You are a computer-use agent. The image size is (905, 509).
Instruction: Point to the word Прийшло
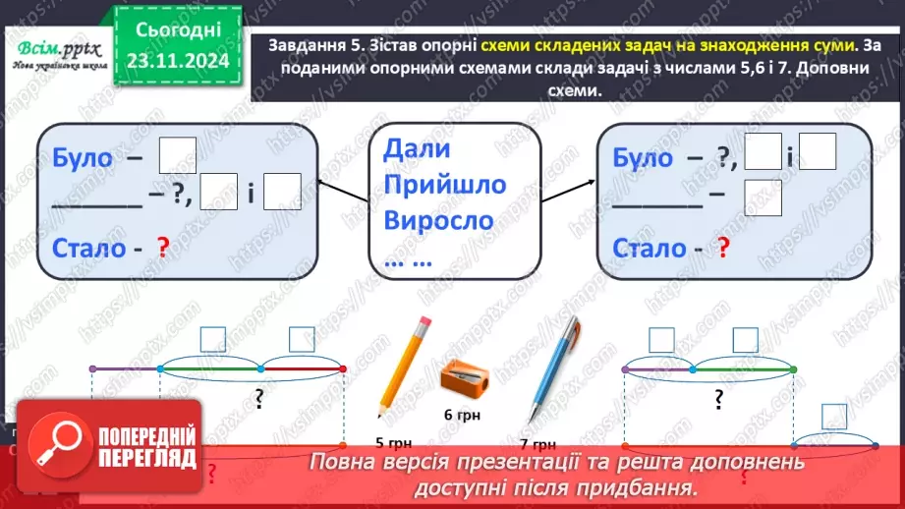click(445, 185)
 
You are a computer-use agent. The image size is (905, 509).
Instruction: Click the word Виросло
click(438, 219)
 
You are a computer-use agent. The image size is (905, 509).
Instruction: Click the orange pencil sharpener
click(461, 376)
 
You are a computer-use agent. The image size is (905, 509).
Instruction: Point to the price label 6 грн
click(462, 415)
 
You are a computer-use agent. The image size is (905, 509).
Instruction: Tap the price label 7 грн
click(538, 442)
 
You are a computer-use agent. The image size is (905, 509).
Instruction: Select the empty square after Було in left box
click(178, 153)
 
